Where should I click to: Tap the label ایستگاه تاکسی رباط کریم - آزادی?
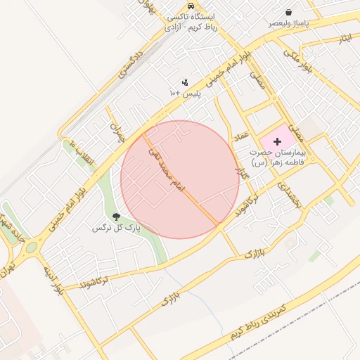tap(192, 22)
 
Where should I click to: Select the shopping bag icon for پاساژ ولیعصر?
tap(289, 12)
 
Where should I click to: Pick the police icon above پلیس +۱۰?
tap(185, 82)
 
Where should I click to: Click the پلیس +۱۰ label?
tap(185, 93)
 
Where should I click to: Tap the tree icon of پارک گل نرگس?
tap(116, 217)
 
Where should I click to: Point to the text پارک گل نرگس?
tap(116, 229)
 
